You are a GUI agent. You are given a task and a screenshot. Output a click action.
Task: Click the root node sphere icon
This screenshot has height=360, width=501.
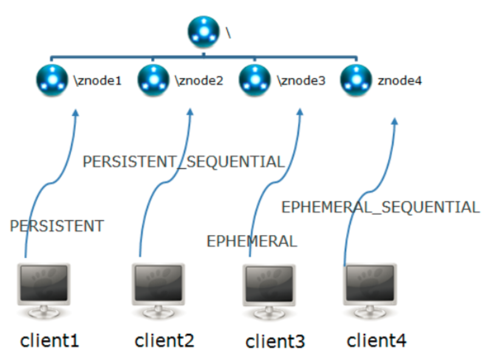203,32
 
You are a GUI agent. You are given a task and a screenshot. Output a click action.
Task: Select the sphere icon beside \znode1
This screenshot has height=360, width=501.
52,80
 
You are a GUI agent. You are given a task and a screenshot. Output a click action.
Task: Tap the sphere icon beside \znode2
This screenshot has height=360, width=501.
154,80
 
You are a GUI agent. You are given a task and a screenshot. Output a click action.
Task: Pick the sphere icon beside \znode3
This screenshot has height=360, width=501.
254,80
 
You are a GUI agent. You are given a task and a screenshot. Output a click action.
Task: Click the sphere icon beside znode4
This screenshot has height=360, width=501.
356,80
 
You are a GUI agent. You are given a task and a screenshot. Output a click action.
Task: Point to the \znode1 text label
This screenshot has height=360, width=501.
98,81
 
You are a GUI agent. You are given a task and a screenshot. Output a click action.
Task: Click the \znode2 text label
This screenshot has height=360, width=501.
199,81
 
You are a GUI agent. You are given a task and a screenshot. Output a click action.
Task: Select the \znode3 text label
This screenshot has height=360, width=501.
301,81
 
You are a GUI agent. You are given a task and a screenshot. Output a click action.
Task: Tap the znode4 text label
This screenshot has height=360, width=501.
400,81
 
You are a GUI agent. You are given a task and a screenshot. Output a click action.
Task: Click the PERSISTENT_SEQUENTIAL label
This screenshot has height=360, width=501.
184,161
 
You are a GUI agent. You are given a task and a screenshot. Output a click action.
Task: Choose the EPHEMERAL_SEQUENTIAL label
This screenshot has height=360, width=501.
381,207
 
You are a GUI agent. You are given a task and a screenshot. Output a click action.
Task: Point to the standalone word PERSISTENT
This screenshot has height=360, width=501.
57,226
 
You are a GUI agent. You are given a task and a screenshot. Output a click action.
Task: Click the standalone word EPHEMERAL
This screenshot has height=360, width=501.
252,241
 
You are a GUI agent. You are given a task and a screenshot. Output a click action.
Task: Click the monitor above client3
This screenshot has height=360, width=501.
269,291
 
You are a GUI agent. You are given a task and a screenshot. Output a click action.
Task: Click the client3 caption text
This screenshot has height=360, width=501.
275,341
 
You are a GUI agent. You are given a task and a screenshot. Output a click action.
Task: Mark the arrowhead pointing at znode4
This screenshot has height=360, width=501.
395,121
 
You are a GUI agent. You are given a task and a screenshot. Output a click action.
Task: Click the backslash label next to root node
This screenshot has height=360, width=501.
228,33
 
